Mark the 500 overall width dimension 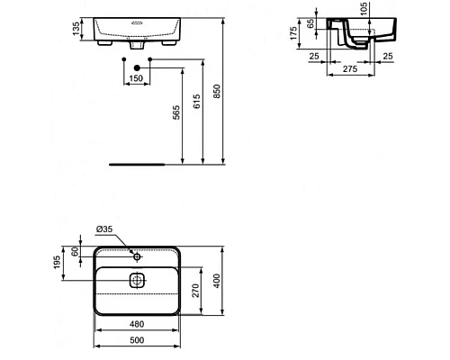click(x=135, y=342)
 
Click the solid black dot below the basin click(x=135, y=69)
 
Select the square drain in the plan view click(x=136, y=280)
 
